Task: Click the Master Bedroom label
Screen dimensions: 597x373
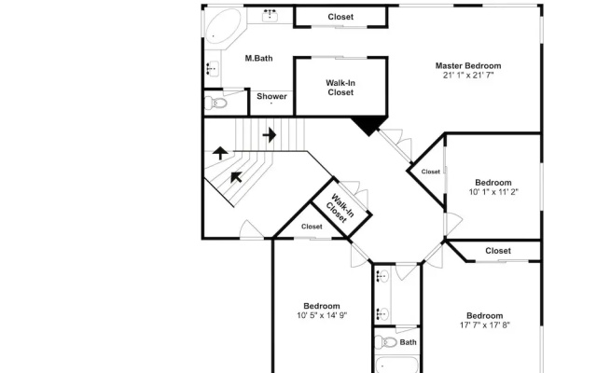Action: pos(468,66)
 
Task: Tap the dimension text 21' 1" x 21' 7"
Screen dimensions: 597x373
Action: pos(468,76)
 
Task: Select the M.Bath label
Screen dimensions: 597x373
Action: pos(258,58)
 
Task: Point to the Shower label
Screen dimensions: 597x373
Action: pos(271,96)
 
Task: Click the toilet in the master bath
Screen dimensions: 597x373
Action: pos(215,103)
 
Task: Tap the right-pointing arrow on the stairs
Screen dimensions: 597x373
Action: pos(270,134)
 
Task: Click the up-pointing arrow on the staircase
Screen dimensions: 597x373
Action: pos(220,153)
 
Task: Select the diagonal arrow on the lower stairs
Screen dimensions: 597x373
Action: pos(236,177)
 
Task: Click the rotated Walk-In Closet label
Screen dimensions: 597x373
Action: pos(340,209)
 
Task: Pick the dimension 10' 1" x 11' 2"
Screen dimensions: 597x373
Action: pos(493,192)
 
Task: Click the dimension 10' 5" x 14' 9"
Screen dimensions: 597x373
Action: pos(322,315)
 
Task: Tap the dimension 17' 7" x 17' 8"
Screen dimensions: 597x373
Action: pos(485,325)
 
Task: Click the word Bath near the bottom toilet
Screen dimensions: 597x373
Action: pos(408,342)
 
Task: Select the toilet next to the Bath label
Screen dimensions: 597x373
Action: pos(386,342)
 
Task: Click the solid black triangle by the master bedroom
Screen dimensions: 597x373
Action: pos(368,125)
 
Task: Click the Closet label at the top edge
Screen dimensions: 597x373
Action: pos(340,17)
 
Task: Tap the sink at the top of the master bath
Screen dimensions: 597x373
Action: pos(270,16)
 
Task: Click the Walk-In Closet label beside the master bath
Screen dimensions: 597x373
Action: pos(340,88)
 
